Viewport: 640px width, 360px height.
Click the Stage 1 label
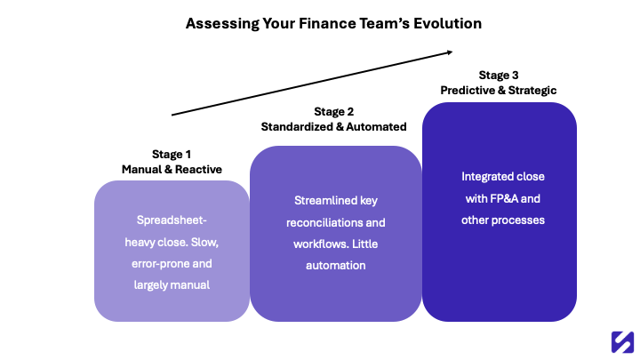click(172, 154)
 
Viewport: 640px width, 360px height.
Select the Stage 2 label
click(334, 112)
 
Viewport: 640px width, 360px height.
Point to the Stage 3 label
click(499, 75)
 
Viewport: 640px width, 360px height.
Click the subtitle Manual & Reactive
click(172, 169)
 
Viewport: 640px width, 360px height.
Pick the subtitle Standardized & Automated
click(334, 127)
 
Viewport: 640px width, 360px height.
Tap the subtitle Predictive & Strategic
click(499, 90)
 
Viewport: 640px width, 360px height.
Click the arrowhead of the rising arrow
click(450, 52)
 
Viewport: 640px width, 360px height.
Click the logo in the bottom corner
click(621, 341)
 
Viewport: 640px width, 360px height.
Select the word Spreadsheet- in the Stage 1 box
click(172, 220)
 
